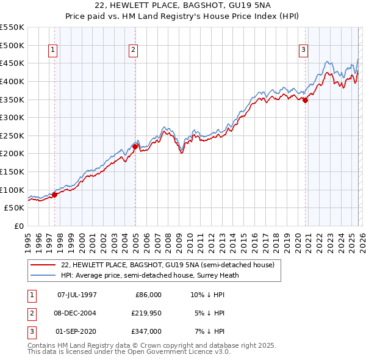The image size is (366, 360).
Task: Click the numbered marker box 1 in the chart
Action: [53, 51]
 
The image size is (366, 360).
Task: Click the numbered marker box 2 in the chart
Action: [133, 51]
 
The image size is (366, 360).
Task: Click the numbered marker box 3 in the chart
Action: [303, 51]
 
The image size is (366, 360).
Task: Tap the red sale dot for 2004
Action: [135, 146]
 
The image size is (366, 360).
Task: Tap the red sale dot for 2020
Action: [305, 101]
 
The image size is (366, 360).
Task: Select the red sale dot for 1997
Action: [54, 195]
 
